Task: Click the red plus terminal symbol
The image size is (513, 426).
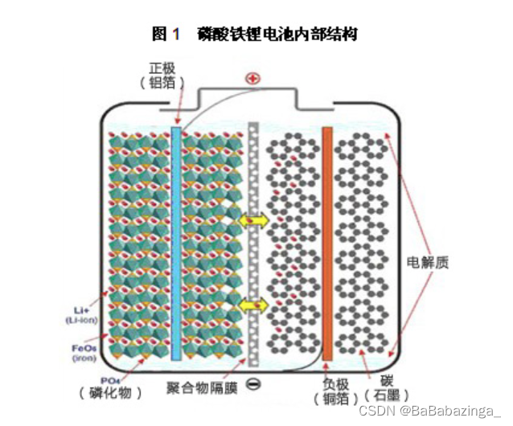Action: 253,79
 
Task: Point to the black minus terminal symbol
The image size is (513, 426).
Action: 253,383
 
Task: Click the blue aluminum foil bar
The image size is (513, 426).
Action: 176,241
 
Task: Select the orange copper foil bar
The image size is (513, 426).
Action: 327,241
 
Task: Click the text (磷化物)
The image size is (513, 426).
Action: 111,393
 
